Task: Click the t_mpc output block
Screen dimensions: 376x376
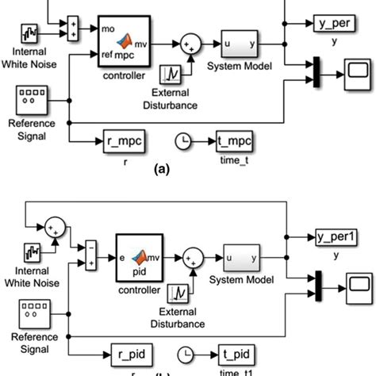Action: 235,141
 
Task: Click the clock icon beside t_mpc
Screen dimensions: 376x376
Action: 185,141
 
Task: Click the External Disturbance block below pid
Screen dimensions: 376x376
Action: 182,294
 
